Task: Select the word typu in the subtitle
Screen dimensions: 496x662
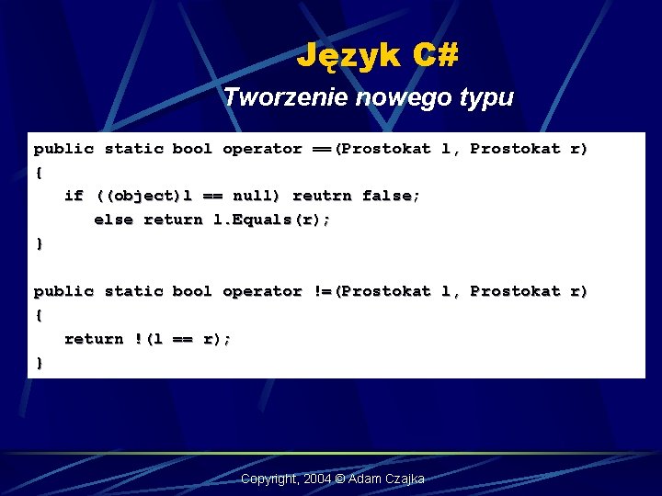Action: (490, 97)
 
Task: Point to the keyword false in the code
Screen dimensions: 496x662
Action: (391, 196)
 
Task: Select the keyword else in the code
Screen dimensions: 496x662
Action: (113, 220)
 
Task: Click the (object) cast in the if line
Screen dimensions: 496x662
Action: (138, 196)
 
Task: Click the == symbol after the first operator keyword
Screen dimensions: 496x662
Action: (322, 148)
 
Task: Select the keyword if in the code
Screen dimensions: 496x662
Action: (74, 196)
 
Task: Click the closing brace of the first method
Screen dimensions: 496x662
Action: (39, 243)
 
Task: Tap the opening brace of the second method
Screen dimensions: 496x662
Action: (39, 315)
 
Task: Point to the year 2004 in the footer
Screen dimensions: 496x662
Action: (318, 479)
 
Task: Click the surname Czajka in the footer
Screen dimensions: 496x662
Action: (404, 479)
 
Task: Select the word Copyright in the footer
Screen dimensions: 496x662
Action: (268, 479)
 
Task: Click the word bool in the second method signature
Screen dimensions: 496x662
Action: (192, 291)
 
